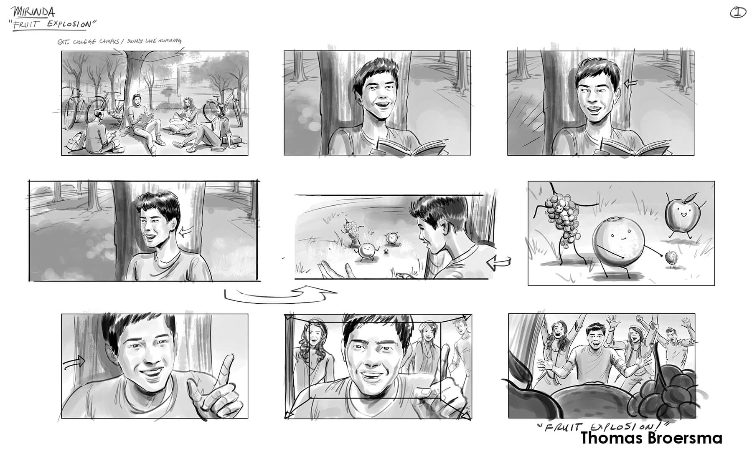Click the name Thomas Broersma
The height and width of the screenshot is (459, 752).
(651, 438)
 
